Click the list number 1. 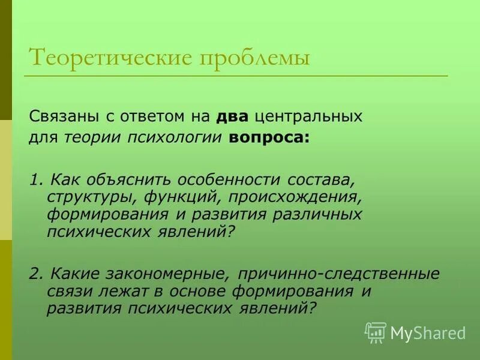[x=34, y=180]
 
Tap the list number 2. [x=35, y=274]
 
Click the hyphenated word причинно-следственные [x=338, y=274]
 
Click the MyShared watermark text [x=427, y=332]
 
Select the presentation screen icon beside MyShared [x=376, y=332]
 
